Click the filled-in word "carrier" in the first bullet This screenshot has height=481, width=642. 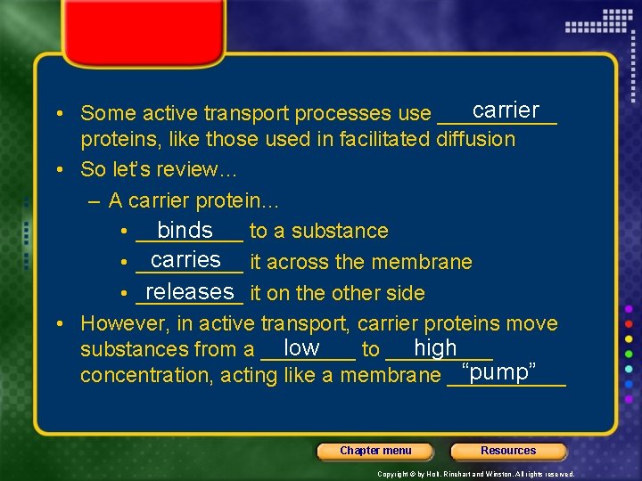(x=506, y=110)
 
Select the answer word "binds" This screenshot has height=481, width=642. (x=185, y=230)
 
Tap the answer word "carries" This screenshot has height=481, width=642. (x=185, y=259)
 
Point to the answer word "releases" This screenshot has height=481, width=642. (x=188, y=291)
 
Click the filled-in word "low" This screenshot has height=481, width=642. (x=300, y=347)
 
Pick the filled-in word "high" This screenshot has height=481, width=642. (x=435, y=347)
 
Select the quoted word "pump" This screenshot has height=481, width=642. (x=498, y=371)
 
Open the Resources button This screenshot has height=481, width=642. (x=508, y=451)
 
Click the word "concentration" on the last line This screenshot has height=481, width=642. (x=144, y=376)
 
